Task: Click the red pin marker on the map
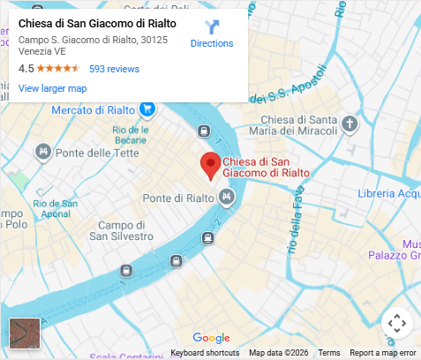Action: click(210, 165)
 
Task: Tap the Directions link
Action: click(212, 43)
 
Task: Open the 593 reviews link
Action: click(114, 69)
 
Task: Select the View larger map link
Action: click(52, 88)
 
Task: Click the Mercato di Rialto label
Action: click(93, 109)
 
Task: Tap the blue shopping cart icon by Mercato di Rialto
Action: click(147, 109)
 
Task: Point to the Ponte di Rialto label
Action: click(179, 197)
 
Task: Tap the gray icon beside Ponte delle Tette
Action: click(41, 154)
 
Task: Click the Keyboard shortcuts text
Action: click(205, 353)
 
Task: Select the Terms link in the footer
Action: click(329, 353)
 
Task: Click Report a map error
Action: click(382, 353)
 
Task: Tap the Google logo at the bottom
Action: click(210, 338)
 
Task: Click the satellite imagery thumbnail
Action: click(24, 334)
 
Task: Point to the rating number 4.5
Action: click(26, 69)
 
